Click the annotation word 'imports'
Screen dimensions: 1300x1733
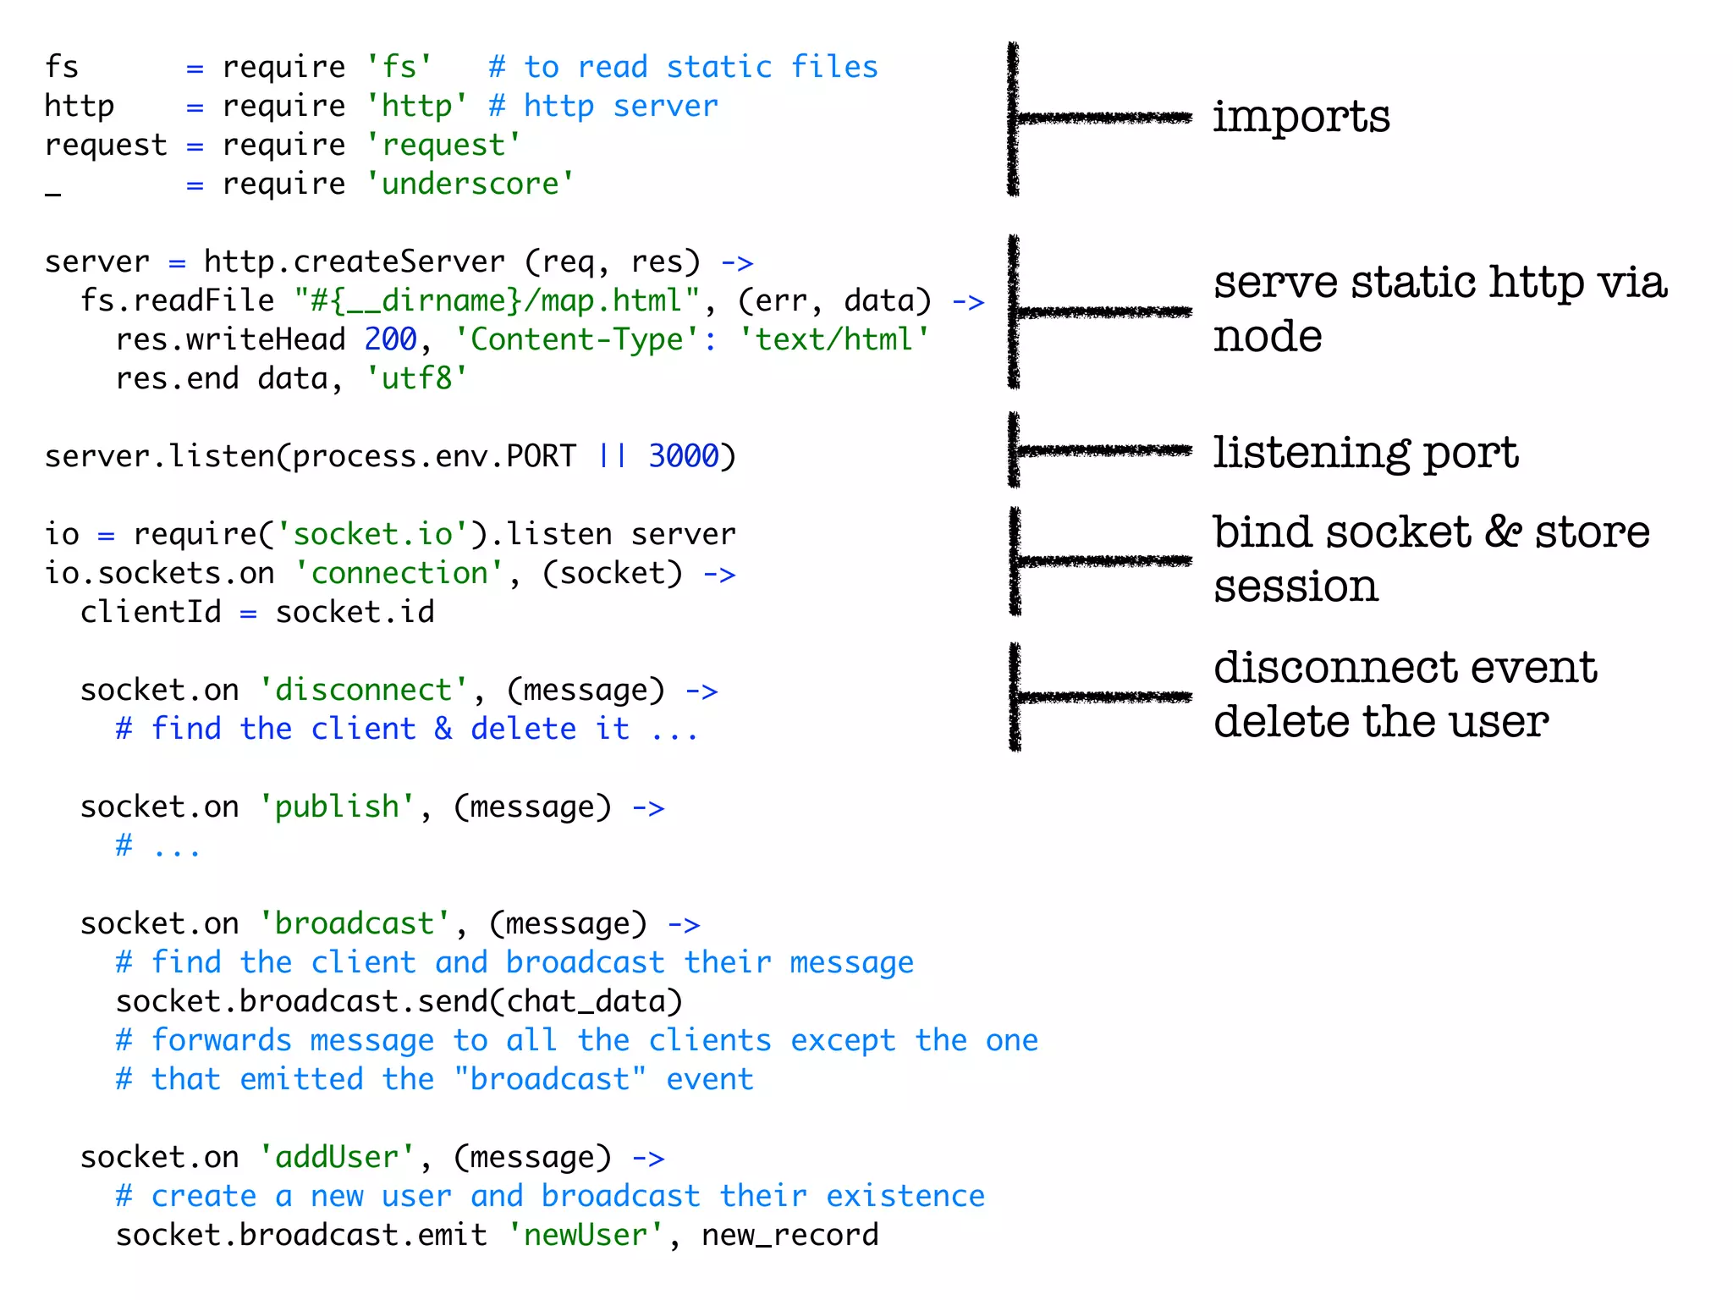click(x=1301, y=117)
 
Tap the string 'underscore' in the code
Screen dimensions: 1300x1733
click(x=470, y=184)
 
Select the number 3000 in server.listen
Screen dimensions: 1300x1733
click(x=683, y=456)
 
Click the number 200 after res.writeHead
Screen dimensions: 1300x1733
click(x=390, y=339)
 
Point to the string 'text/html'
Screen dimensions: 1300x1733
click(x=834, y=339)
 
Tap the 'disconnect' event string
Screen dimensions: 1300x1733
click(x=364, y=690)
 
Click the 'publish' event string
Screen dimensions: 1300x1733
click(x=337, y=807)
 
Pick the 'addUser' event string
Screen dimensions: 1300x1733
click(x=337, y=1157)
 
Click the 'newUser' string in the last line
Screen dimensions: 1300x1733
click(x=586, y=1235)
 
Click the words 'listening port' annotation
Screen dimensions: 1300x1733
click(x=1365, y=452)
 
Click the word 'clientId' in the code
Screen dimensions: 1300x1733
click(x=151, y=612)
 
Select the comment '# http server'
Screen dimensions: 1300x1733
click(x=603, y=106)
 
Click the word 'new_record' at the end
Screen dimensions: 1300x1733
click(x=789, y=1235)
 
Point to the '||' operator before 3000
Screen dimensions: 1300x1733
click(x=612, y=456)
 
